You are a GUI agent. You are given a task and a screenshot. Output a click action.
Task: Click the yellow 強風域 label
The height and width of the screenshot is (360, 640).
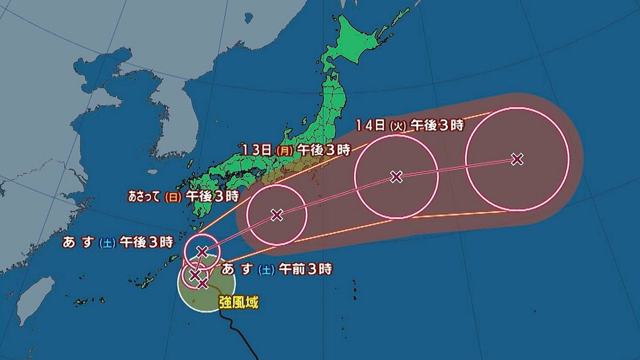[238, 303]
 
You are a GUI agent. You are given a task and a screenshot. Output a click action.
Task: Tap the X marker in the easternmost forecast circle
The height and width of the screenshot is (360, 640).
[516, 159]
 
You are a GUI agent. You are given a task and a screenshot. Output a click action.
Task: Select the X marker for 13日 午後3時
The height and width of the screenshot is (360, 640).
[396, 177]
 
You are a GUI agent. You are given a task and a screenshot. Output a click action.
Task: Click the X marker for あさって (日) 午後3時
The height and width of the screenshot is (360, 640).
[276, 215]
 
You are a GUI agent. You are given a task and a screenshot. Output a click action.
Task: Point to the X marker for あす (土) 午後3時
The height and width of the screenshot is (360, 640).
[202, 251]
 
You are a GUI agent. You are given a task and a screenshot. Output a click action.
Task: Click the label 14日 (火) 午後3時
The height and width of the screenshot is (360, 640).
[409, 126]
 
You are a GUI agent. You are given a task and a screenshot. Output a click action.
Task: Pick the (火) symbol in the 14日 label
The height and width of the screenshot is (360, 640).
[398, 126]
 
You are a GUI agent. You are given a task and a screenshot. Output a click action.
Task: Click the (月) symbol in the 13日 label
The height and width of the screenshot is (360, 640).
[284, 150]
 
